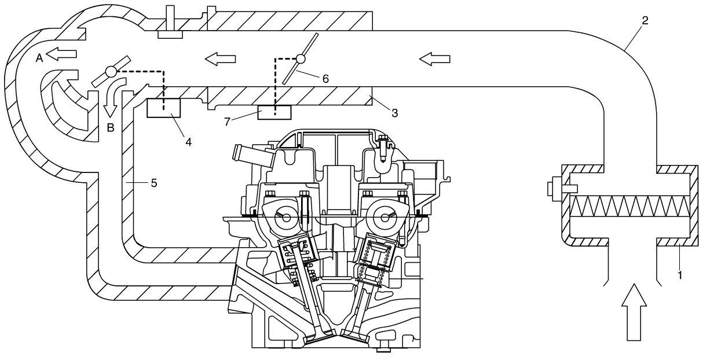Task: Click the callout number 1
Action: (x=680, y=275)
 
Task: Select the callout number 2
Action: (x=645, y=20)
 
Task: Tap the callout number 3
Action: (x=395, y=113)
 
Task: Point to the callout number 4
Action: (x=188, y=142)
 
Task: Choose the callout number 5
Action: (x=154, y=183)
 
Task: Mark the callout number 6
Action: (x=326, y=79)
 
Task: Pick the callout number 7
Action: (x=228, y=122)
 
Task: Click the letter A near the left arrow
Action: (x=39, y=58)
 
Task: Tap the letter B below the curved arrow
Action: (x=111, y=128)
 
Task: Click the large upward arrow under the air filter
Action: (x=634, y=313)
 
